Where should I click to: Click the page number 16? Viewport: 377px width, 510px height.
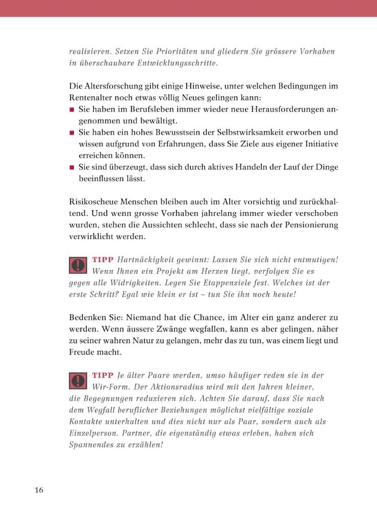(39, 490)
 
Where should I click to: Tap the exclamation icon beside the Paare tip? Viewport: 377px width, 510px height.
(78, 381)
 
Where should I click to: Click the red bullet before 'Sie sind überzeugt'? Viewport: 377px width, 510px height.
(72, 167)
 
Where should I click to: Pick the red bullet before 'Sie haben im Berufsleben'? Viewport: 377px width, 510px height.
(72, 110)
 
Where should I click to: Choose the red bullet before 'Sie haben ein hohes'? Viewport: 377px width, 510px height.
(72, 133)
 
